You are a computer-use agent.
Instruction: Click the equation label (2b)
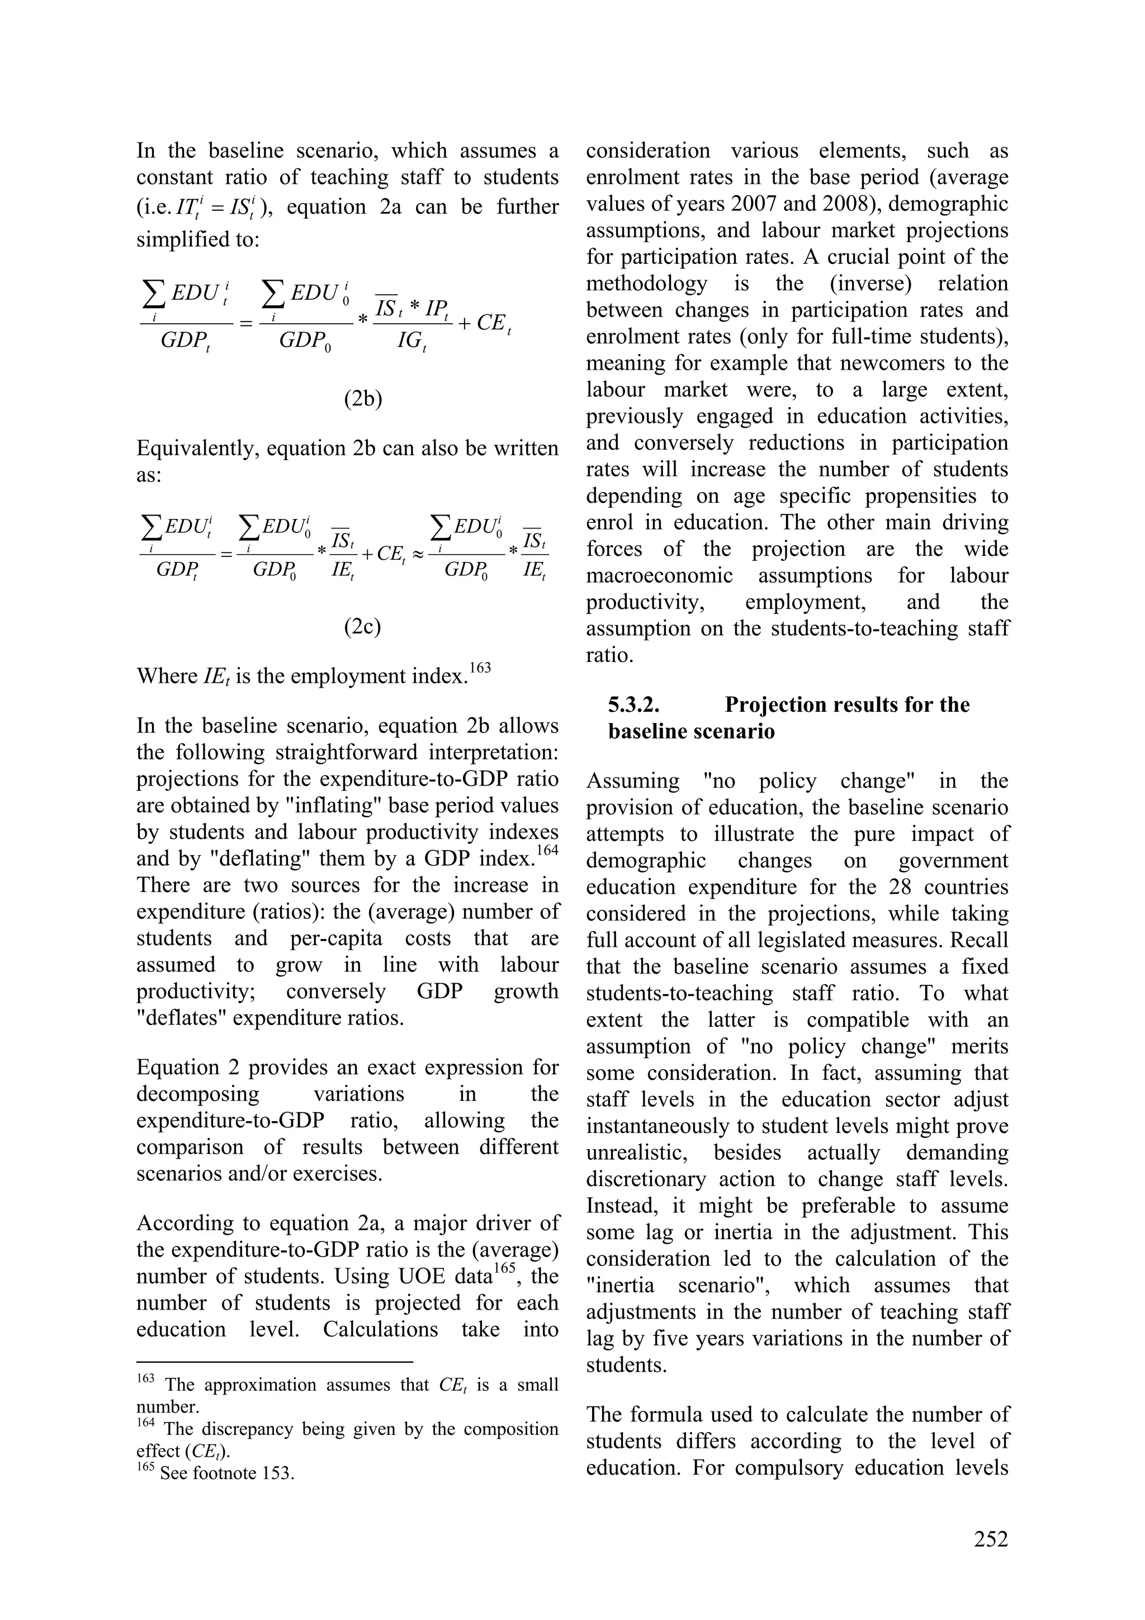[363, 399]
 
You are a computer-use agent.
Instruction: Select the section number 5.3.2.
[633, 705]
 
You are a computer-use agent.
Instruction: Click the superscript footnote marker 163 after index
[479, 668]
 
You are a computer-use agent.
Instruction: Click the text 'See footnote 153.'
[226, 1474]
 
